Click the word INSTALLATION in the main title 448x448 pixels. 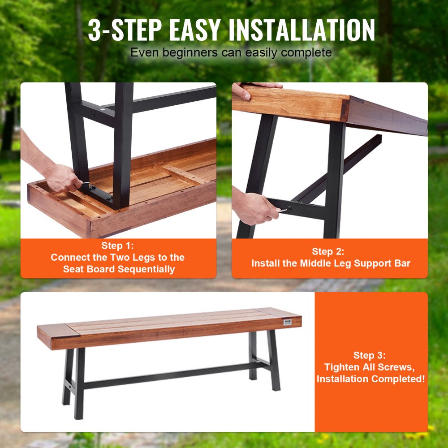(302, 30)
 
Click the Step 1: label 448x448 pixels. (117, 246)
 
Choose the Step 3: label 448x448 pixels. (370, 355)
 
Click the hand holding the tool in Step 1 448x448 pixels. (62, 177)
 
